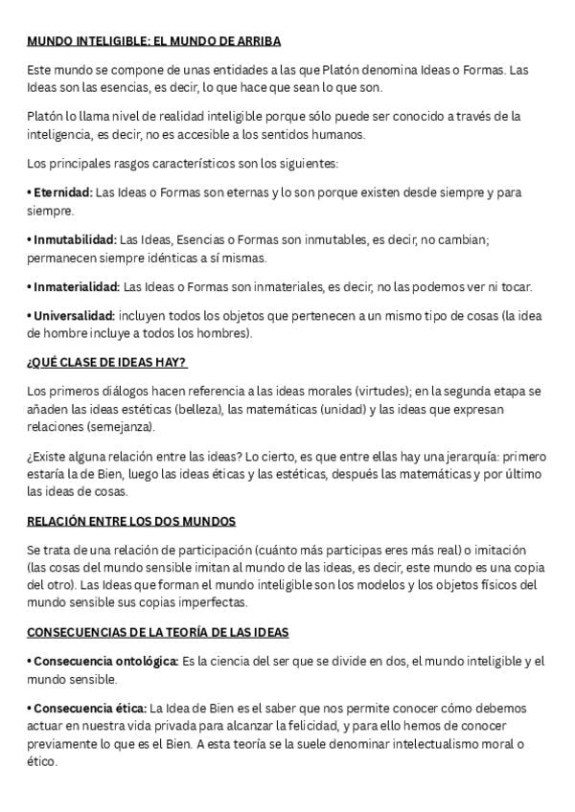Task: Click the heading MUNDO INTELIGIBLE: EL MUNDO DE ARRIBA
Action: point(153,41)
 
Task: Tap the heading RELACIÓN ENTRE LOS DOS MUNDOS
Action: point(131,521)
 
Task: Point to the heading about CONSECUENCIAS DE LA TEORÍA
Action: point(158,633)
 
